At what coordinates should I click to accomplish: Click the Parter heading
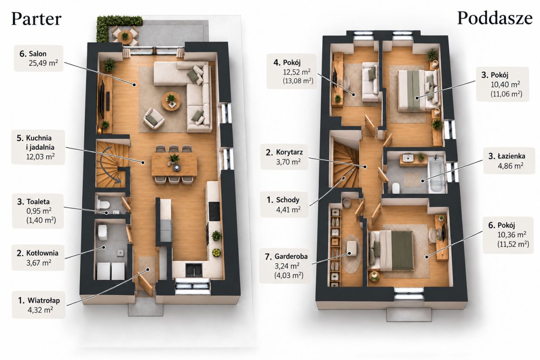pyautogui.click(x=36, y=19)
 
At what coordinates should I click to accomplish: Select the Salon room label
pyautogui.click(x=38, y=54)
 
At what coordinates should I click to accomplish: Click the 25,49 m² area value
pyautogui.click(x=43, y=63)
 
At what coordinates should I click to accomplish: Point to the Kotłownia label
pyautogui.click(x=42, y=253)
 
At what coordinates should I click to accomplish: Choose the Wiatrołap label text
pyautogui.click(x=43, y=300)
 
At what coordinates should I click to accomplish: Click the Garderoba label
pyautogui.click(x=291, y=256)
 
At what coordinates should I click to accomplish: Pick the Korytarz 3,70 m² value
pyautogui.click(x=288, y=162)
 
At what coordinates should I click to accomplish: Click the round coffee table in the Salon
pyautogui.click(x=171, y=102)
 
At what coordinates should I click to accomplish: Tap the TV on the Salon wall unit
pyautogui.click(x=103, y=96)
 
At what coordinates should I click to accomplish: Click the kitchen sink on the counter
pyautogui.click(x=194, y=270)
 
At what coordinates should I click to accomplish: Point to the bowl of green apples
pyautogui.click(x=216, y=252)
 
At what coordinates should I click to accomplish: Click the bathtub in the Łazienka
pyautogui.click(x=436, y=174)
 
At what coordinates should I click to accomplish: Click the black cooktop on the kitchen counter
pyautogui.click(x=214, y=211)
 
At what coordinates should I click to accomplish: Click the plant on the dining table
pyautogui.click(x=174, y=159)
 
